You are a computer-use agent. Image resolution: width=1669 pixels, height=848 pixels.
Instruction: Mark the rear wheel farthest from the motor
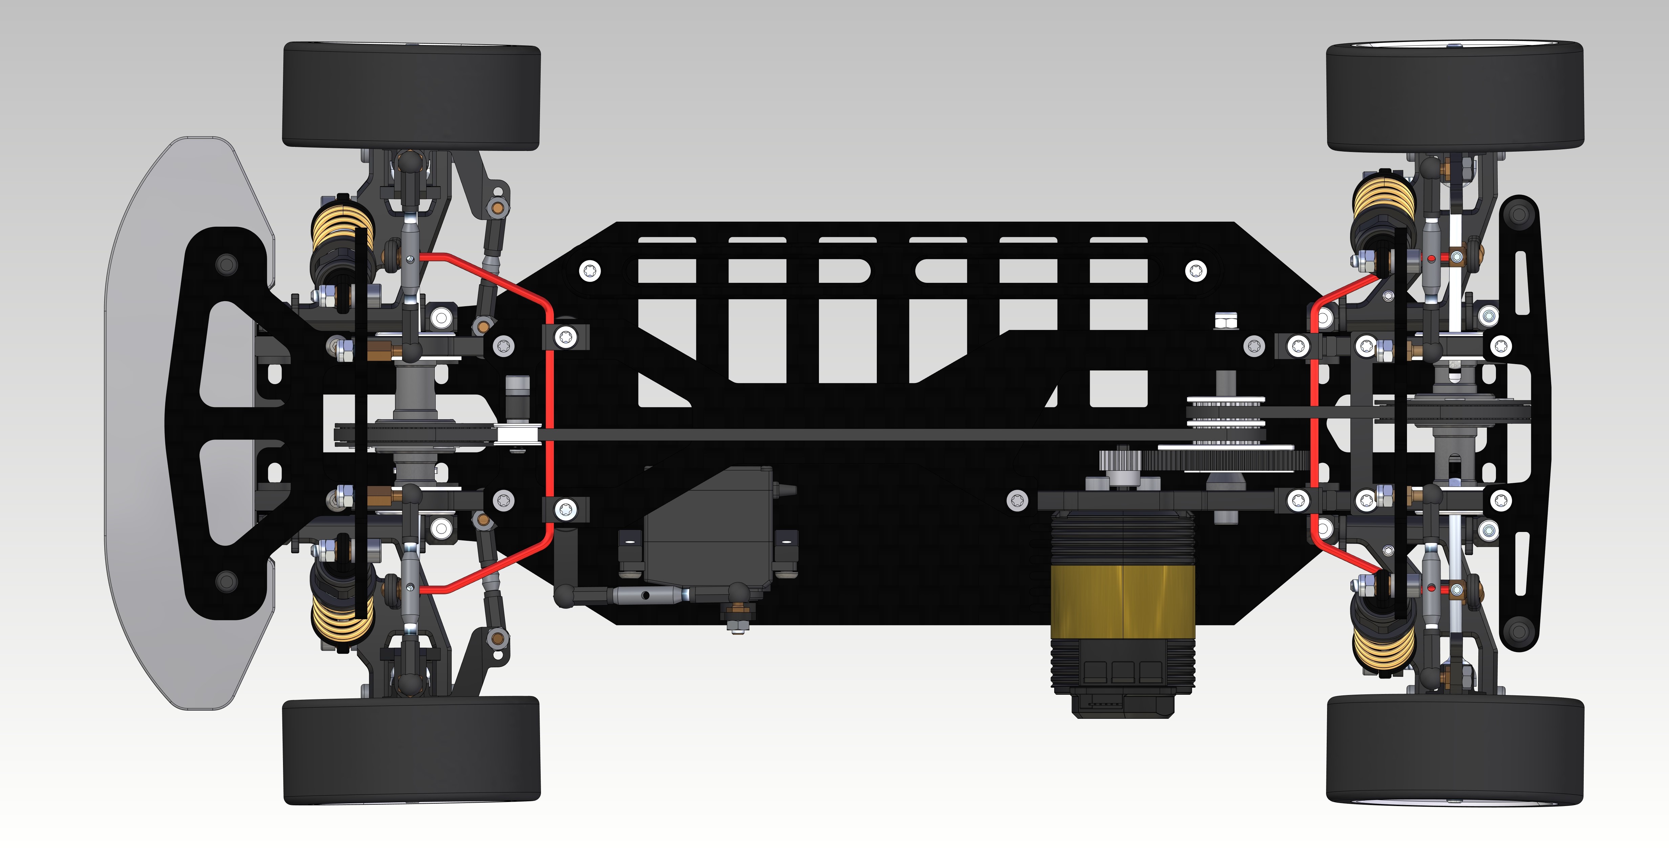[1455, 96]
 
